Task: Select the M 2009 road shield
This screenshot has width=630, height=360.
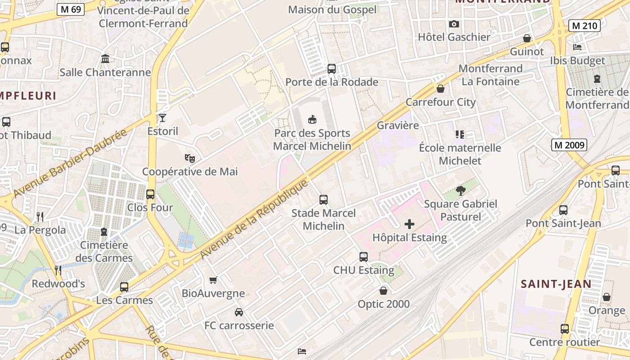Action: [x=569, y=145]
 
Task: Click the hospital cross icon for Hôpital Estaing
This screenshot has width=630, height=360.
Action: [x=409, y=224]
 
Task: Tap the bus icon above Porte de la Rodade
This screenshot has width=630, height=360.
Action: [x=332, y=69]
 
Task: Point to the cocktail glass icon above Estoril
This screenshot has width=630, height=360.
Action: [x=162, y=118]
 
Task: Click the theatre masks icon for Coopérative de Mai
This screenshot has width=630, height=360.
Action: [x=190, y=158]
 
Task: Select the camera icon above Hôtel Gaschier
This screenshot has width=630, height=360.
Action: [x=454, y=24]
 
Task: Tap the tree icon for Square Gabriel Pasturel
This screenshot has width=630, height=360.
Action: [x=460, y=191]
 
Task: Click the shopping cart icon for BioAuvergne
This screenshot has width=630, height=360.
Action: [x=213, y=280]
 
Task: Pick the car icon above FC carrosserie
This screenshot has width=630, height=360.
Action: [x=239, y=312]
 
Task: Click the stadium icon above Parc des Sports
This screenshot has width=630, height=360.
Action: [x=312, y=119]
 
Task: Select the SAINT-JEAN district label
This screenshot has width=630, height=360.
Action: [x=556, y=284]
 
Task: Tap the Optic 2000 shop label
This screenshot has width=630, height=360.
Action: [x=383, y=304]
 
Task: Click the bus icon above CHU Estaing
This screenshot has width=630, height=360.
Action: [x=364, y=257]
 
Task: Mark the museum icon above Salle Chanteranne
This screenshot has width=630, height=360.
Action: [x=105, y=59]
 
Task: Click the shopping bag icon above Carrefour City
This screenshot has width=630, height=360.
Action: [x=441, y=89]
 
